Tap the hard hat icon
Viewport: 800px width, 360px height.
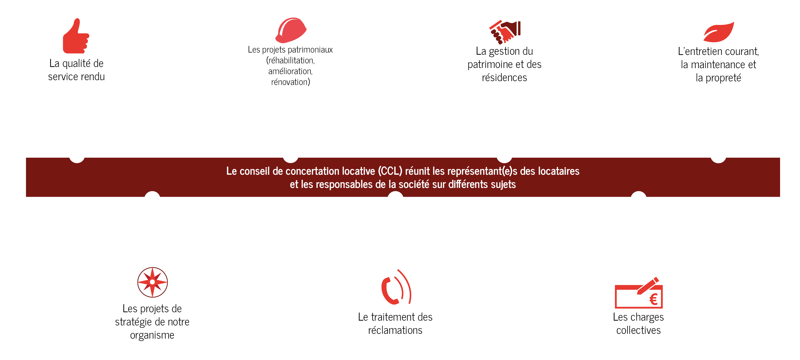coord(291,30)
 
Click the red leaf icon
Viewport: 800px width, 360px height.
coord(719,32)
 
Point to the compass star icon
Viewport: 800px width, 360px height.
coord(152,282)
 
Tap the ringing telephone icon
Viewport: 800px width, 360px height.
coord(395,288)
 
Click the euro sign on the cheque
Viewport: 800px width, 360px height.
coord(653,300)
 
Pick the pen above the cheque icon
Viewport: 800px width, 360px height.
coord(648,285)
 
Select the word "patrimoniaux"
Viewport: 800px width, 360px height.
coord(310,50)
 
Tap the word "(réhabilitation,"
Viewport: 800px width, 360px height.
coord(290,60)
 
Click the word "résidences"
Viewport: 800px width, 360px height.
coord(504,77)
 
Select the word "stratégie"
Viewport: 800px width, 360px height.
coord(133,322)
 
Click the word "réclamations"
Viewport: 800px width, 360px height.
coord(395,330)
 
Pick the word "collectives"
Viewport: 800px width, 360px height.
coord(638,330)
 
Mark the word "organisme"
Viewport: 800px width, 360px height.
coord(152,335)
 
